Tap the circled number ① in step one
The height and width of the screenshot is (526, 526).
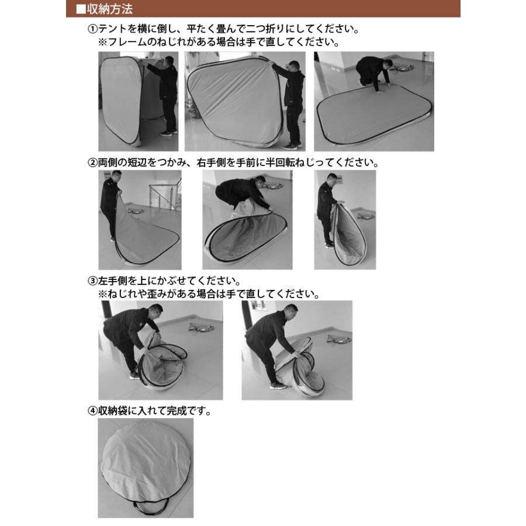[92, 29]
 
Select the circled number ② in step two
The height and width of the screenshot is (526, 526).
[92, 162]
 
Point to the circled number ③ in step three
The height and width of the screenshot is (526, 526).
[92, 282]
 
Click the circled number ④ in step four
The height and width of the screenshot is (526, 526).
[92, 411]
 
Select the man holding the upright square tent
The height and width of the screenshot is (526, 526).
[167, 94]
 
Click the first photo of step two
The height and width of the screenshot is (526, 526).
[140, 219]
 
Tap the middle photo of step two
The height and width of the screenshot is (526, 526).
[247, 219]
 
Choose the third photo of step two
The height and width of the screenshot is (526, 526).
[345, 219]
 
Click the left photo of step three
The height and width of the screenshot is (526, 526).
[160, 350]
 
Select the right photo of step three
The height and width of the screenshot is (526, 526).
[297, 350]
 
